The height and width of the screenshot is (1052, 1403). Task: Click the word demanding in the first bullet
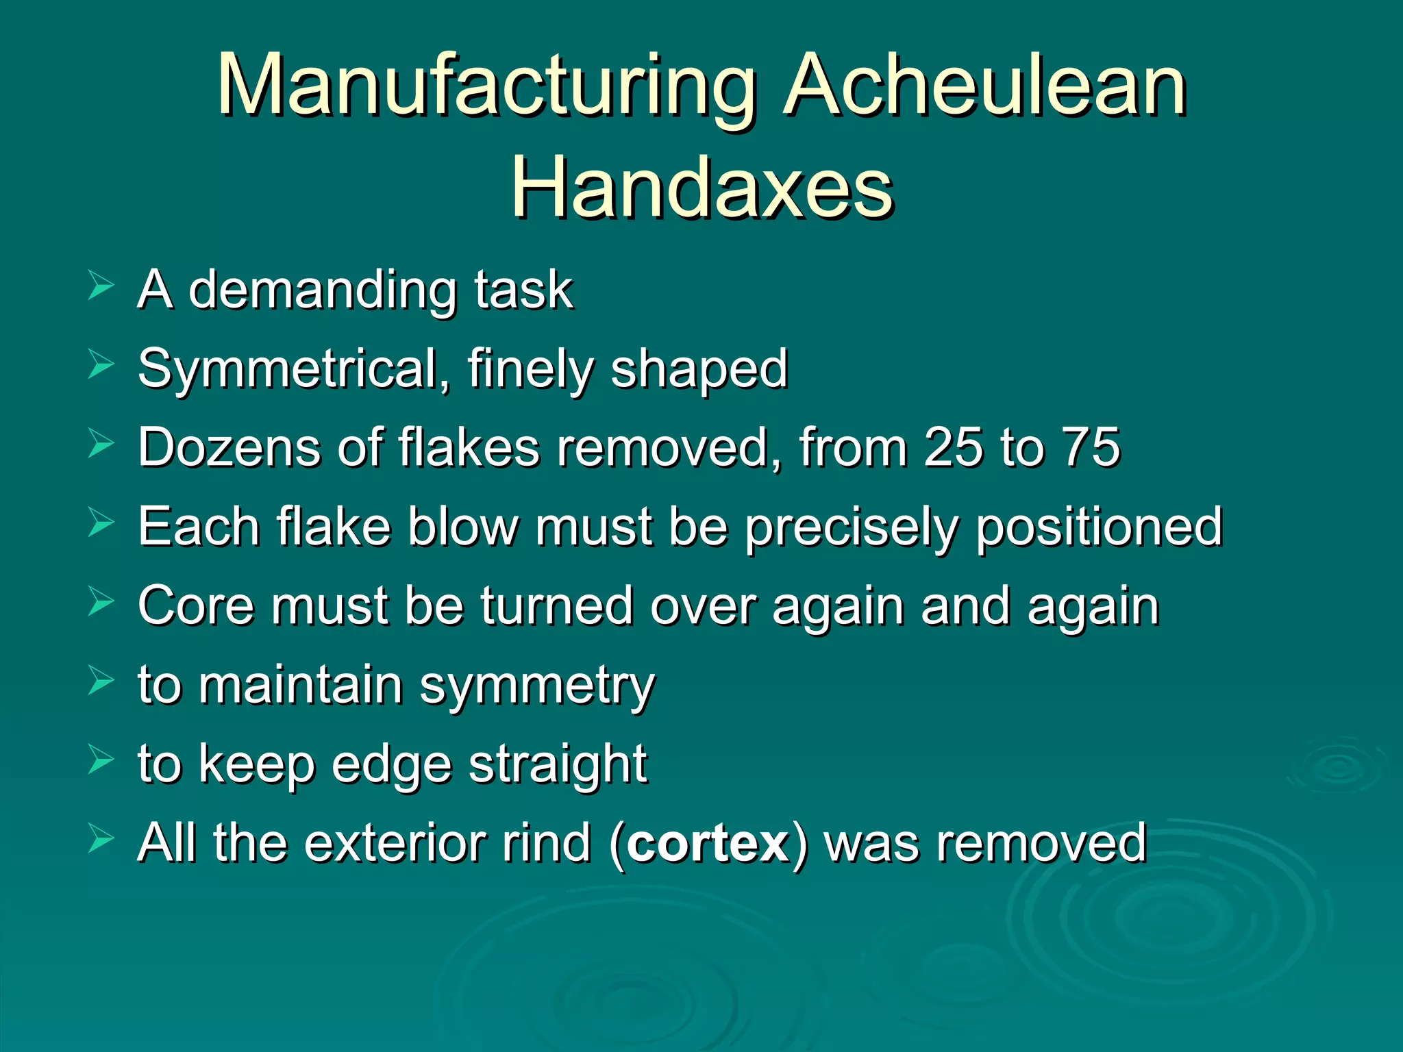[x=322, y=290]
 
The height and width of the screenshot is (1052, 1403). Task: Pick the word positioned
[x=1099, y=528]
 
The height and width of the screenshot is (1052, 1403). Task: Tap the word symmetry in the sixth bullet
[x=537, y=687]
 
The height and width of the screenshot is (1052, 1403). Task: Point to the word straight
[x=558, y=764]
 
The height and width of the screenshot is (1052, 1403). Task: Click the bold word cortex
[x=708, y=844]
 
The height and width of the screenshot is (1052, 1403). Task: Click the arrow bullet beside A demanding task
[x=101, y=286]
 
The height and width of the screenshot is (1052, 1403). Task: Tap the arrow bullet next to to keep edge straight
[x=101, y=760]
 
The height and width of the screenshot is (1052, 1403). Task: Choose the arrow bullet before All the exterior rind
[x=101, y=840]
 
